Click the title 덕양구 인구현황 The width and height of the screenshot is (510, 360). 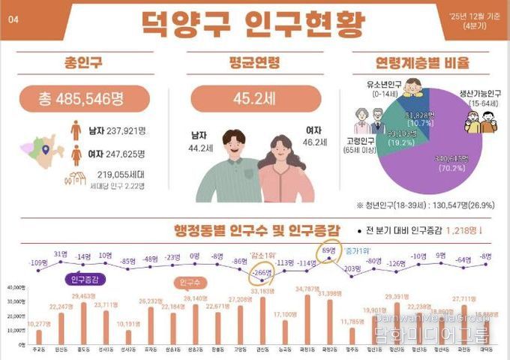tap(253, 22)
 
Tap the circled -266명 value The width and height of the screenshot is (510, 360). tap(262, 273)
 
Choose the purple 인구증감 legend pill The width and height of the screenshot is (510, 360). tap(88, 280)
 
